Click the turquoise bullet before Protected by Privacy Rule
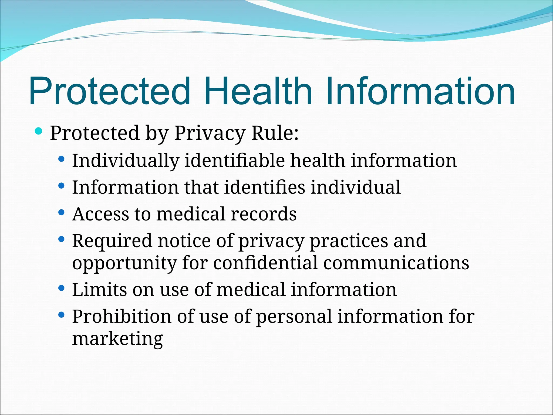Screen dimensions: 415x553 click(x=39, y=131)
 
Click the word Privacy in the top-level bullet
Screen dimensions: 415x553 click(x=210, y=133)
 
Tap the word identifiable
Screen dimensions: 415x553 click(x=234, y=161)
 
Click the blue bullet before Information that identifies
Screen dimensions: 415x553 click(x=62, y=186)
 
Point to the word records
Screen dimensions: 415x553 click(x=264, y=214)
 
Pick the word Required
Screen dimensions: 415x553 click(x=112, y=241)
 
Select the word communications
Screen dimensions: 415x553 click(x=396, y=263)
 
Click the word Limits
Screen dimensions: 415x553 click(x=99, y=290)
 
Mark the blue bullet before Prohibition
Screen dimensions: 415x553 click(x=62, y=315)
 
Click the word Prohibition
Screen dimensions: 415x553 click(x=122, y=316)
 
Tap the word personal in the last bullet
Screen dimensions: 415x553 click(x=294, y=316)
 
